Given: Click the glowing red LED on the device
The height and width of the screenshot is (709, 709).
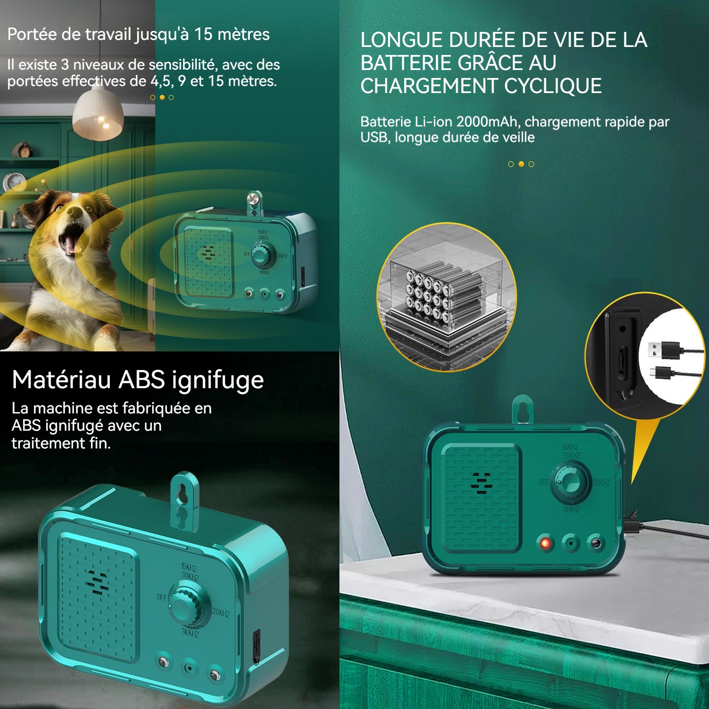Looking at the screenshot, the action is [545, 543].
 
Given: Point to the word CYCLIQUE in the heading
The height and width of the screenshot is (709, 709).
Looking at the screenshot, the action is [553, 86].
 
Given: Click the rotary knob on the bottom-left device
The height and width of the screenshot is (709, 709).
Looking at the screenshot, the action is [187, 607].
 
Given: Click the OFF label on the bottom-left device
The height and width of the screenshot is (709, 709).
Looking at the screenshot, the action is [162, 597].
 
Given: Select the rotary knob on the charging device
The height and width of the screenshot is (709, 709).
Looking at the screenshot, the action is [570, 482].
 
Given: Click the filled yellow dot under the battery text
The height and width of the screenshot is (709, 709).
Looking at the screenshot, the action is [521, 164].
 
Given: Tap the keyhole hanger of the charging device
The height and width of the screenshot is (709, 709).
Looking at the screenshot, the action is [524, 409].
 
